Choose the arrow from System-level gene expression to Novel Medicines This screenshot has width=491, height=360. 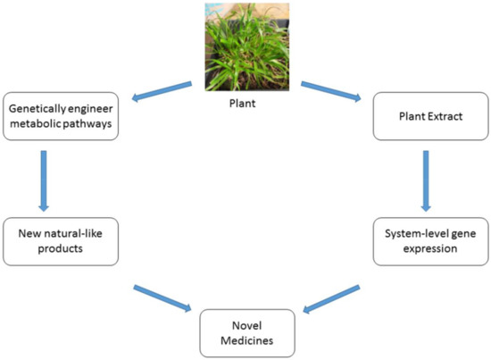pyautogui.click(x=332, y=298)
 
